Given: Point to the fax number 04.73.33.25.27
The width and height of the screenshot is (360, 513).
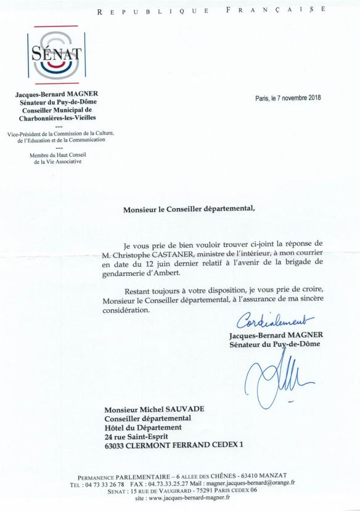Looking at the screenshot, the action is (x=174, y=483).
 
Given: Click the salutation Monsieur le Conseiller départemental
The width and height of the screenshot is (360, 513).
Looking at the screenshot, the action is (x=189, y=208).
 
